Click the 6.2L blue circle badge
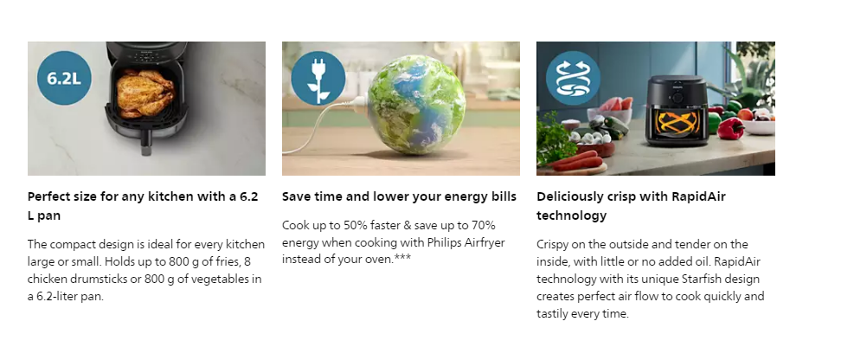click(64, 78)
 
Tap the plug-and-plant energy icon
click(318, 78)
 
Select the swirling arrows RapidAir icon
click(573, 78)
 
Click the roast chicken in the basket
click(145, 93)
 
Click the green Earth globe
click(416, 105)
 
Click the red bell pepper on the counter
click(730, 129)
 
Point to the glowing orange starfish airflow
click(677, 123)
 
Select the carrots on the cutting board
click(579, 160)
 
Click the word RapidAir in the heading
click(698, 196)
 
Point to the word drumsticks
click(102, 280)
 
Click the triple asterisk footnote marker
click(402, 258)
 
